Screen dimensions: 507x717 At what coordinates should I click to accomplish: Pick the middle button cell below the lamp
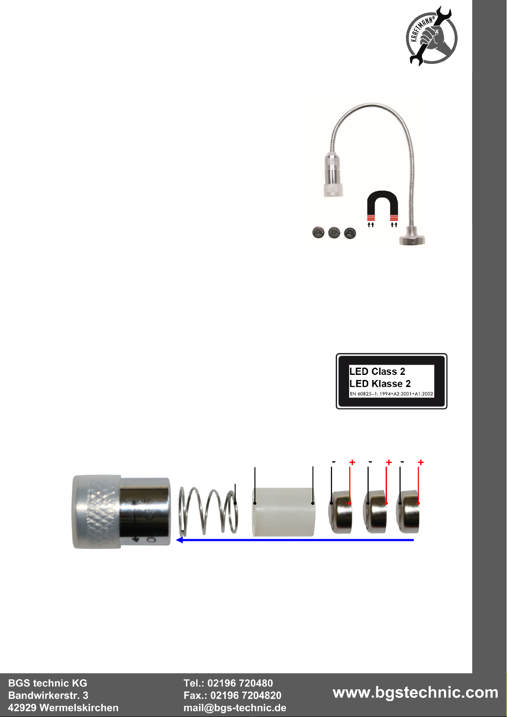coord(334,233)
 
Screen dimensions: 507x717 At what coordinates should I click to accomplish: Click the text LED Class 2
coord(377,371)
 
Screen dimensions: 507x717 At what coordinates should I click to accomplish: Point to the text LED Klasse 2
coord(380,383)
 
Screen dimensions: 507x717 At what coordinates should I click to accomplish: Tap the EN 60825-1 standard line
coord(391,394)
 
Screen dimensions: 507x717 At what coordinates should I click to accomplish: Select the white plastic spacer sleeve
coord(284,511)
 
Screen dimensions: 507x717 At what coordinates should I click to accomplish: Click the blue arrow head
coord(180,540)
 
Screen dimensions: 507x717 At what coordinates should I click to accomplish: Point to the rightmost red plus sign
coord(421,462)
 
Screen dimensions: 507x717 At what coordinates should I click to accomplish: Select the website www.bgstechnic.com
coord(415,692)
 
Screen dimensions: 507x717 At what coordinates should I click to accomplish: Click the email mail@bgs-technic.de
coord(235,708)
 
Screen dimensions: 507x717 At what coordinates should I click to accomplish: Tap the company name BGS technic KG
coord(48,683)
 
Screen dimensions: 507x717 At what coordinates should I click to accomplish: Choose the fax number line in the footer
coord(232,695)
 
